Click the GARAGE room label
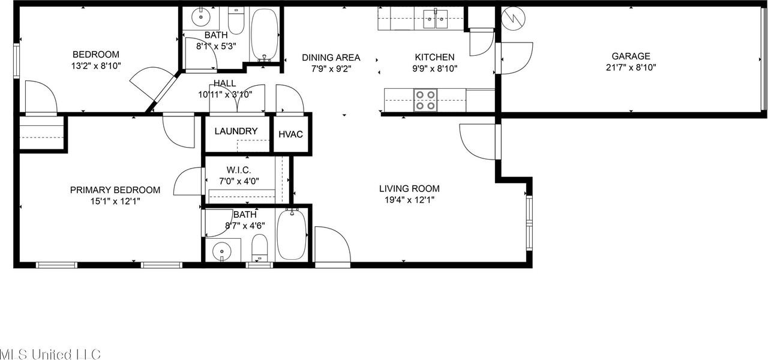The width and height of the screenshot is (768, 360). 631,57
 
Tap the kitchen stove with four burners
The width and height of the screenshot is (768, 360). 425,100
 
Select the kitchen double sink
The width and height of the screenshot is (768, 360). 436,19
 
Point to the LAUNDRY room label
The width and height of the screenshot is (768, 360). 236,131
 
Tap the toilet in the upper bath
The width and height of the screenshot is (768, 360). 236,20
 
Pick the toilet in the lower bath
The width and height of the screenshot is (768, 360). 259,247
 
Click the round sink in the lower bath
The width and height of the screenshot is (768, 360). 223,250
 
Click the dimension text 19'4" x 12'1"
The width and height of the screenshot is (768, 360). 409,200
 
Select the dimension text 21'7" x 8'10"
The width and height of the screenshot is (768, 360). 631,68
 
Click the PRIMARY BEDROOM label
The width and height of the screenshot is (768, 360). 115,190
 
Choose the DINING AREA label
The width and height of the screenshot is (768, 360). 331,58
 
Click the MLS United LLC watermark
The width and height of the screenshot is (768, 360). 50,353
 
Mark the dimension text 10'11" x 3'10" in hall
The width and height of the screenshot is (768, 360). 225,94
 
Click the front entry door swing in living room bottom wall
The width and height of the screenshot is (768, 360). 332,246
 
